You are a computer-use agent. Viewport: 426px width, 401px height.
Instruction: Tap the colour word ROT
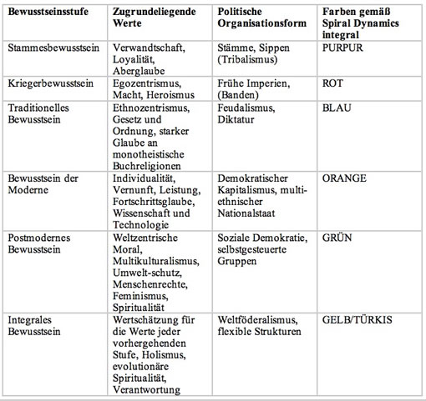(x=332, y=83)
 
